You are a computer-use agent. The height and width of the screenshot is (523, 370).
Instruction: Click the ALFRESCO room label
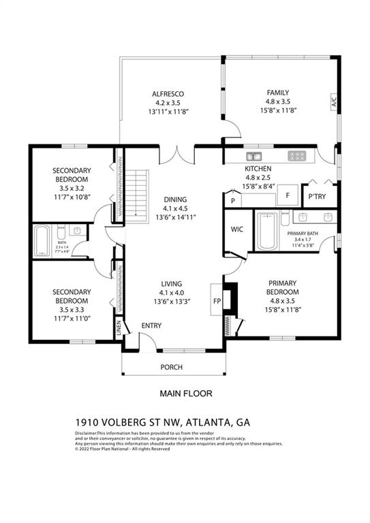pyautogui.click(x=168, y=94)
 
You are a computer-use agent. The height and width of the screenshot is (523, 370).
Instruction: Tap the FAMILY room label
pyautogui.click(x=277, y=93)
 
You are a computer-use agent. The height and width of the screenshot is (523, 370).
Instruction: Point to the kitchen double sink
pyautogui.click(x=253, y=155)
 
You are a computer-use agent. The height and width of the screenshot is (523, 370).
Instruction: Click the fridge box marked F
pyautogui.click(x=288, y=195)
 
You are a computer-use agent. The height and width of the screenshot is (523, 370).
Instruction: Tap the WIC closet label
pyautogui.click(x=237, y=229)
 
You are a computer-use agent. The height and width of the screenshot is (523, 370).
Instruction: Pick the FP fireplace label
pyautogui.click(x=217, y=300)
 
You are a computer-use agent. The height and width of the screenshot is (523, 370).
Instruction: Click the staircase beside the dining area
pyautogui.click(x=138, y=194)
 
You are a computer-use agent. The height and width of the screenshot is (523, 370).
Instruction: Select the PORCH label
pyautogui.click(x=171, y=367)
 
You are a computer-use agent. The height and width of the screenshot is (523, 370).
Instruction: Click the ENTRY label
pyautogui.click(x=151, y=326)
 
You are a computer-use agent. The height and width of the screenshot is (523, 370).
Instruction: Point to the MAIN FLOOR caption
pyautogui.click(x=186, y=393)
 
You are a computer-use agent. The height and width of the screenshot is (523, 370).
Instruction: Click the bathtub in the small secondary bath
pyautogui.click(x=42, y=240)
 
